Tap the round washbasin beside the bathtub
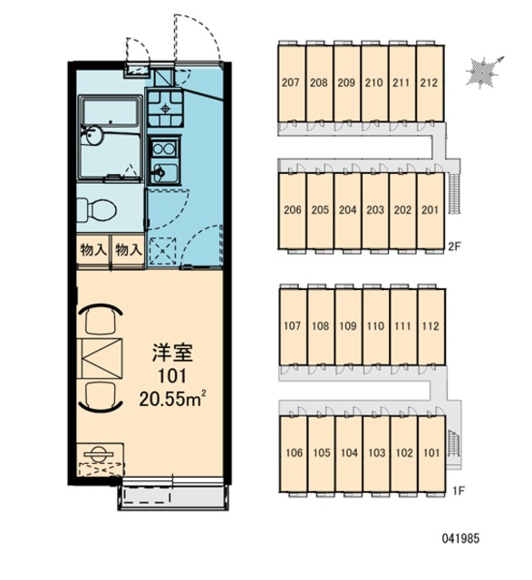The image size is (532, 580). click(94, 136)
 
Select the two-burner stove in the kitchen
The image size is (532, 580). click(164, 149)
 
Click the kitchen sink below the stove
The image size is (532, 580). click(164, 173)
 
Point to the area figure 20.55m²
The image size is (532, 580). click(172, 399)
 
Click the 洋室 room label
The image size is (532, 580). click(172, 353)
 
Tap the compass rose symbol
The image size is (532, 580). click(483, 72)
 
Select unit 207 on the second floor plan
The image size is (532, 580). click(292, 82)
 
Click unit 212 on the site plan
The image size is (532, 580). click(430, 82)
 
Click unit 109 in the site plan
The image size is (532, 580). click(348, 326)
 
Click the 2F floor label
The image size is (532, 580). click(455, 246)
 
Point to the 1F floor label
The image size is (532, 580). click(459, 491)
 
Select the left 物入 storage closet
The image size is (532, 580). click(93, 250)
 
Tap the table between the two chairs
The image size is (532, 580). click(101, 358)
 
